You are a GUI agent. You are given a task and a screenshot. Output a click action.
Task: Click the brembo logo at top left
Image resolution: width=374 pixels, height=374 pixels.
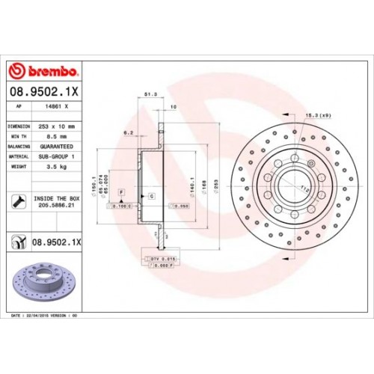click(43, 71)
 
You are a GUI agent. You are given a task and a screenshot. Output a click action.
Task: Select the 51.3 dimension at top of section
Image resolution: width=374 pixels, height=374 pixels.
click(149, 95)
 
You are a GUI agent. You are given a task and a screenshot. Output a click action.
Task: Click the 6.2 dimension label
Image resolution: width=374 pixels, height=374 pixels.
click(128, 132)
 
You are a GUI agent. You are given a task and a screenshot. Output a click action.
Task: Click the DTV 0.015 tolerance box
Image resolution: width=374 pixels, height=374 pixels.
click(162, 257)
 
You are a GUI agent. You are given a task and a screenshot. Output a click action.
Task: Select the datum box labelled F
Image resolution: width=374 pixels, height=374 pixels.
click(119, 192)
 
